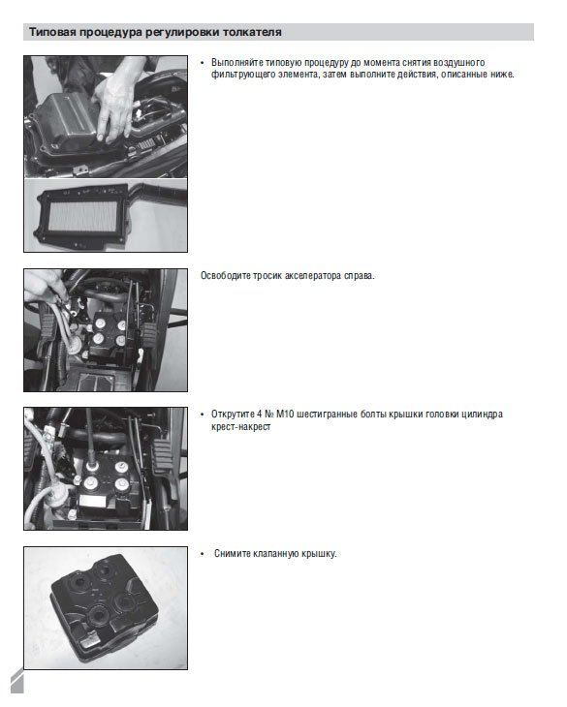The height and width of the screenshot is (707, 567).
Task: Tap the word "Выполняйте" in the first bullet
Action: pyautogui.click(x=237, y=63)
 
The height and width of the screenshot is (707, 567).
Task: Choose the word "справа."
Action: pyautogui.click(x=359, y=276)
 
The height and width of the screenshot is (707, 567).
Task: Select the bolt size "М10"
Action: pyautogui.click(x=285, y=414)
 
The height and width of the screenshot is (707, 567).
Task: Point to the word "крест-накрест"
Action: pyautogui.click(x=241, y=426)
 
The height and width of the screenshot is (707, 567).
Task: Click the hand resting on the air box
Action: pyautogui.click(x=116, y=104)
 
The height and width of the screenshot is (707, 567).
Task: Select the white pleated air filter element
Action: pyautogui.click(x=83, y=216)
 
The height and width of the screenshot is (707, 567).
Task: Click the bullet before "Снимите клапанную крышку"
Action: pyautogui.click(x=203, y=554)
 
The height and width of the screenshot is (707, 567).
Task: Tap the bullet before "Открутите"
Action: pyautogui.click(x=203, y=415)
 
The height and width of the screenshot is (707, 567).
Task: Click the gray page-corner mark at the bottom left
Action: pyautogui.click(x=16, y=681)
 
